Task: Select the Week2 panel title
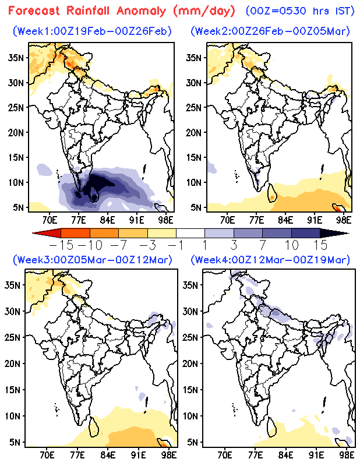[x=270, y=30]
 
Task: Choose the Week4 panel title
[x=269, y=259]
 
